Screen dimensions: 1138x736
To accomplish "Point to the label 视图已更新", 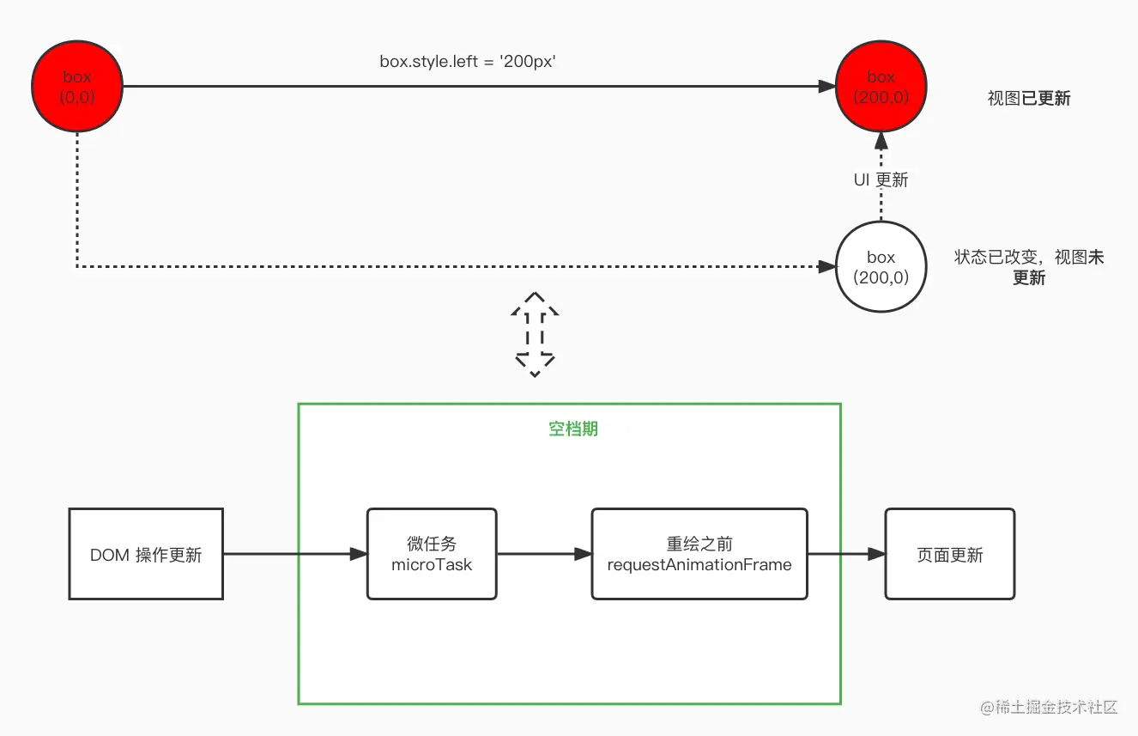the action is (1029, 98).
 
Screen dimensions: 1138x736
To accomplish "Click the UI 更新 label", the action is (881, 179).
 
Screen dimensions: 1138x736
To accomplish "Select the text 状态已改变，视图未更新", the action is (1029, 267).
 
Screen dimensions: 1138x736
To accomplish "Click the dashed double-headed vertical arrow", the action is (535, 334).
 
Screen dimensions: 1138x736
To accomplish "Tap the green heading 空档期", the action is (573, 429).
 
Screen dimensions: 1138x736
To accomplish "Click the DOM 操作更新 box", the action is (146, 554).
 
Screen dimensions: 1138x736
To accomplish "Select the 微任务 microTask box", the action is (432, 554).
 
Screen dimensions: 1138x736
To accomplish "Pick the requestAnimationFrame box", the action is (699, 554).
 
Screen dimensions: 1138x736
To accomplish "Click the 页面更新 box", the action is (950, 554).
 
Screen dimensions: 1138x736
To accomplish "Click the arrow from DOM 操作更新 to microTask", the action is (295, 554).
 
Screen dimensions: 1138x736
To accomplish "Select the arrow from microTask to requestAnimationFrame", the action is (544, 554).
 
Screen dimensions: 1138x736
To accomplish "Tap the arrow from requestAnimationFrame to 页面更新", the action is (846, 554).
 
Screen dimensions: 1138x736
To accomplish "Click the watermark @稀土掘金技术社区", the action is (1049, 707).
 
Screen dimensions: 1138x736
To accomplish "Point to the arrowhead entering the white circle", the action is (827, 266).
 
